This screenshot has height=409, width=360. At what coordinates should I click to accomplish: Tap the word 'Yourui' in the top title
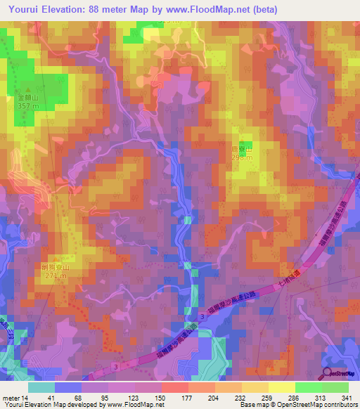coord(23,10)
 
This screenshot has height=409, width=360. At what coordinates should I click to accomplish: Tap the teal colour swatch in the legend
coord(41,387)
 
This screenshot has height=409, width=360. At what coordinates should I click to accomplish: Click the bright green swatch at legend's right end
coord(335,387)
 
